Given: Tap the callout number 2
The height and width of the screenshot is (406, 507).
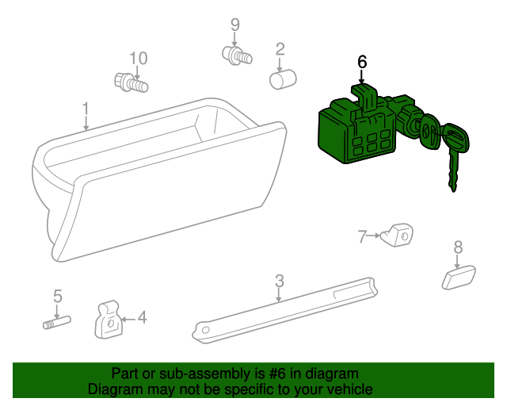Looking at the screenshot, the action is click(x=280, y=49).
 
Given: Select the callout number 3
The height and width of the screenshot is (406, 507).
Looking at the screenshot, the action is click(x=280, y=281).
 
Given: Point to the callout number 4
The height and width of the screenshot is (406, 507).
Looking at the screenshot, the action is click(x=143, y=317).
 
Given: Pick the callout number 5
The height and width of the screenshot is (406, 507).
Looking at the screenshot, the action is click(x=58, y=296).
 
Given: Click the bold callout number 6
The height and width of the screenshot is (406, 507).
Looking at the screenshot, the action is click(x=362, y=62).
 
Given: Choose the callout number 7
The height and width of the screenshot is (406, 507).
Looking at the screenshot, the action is click(x=362, y=236).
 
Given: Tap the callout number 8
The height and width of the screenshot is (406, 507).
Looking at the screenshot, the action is click(x=458, y=247).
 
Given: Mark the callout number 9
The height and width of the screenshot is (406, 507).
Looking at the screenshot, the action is click(x=235, y=25).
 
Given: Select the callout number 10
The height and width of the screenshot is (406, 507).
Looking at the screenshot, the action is click(x=139, y=58).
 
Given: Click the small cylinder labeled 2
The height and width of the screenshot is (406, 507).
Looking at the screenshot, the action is click(x=283, y=79).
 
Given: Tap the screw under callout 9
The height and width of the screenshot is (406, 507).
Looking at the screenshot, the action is click(x=237, y=56).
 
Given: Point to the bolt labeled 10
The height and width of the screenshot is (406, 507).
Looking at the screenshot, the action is click(x=132, y=83).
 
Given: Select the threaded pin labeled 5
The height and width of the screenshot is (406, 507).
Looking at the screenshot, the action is click(x=57, y=323).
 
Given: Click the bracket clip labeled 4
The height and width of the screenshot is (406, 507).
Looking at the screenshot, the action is click(x=109, y=320).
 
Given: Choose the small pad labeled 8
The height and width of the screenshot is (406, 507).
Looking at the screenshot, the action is click(x=459, y=278).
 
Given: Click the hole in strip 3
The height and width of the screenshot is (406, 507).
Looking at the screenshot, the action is click(x=205, y=331).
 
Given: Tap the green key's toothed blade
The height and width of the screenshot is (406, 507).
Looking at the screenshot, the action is click(x=453, y=171).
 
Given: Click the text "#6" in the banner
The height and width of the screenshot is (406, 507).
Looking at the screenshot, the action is click(x=277, y=374).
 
